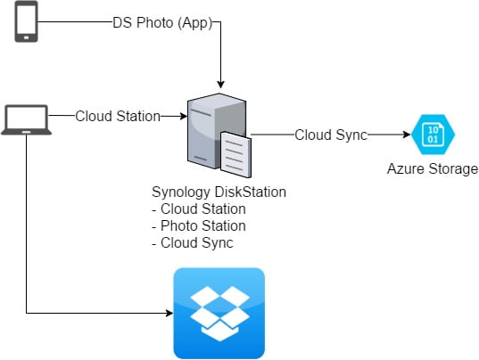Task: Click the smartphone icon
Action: [26, 21]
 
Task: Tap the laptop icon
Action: [26, 119]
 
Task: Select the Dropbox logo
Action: [219, 314]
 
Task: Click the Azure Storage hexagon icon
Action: [434, 135]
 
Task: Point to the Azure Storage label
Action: [433, 168]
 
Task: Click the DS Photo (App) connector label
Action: [162, 23]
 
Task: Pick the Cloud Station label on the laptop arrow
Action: [118, 116]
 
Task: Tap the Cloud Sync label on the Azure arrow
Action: [331, 135]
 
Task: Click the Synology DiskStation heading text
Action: [219, 192]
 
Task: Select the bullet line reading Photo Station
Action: [199, 226]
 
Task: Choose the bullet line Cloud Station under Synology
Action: [199, 209]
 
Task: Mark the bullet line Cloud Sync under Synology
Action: [193, 243]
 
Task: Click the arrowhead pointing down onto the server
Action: [220, 85]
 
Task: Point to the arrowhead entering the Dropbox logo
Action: [169, 313]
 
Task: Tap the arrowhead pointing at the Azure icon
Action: [407, 135]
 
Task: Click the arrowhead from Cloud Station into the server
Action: [184, 116]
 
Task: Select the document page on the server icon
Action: [235, 154]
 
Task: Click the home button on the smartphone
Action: [26, 37]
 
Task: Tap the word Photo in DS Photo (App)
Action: [154, 23]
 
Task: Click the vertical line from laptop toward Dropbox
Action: [27, 224]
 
